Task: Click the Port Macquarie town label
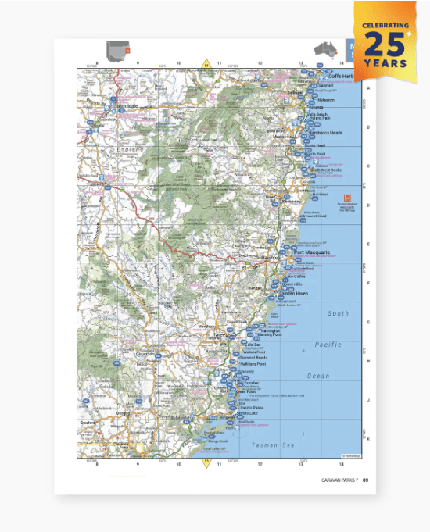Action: (x=312, y=252)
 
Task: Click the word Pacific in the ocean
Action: (x=328, y=345)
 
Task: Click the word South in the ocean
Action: (x=339, y=313)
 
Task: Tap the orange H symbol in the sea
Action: (x=347, y=198)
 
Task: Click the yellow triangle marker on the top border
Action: (x=207, y=62)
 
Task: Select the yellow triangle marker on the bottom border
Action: (x=207, y=462)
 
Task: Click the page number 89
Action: (x=365, y=480)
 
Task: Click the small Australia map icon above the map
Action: (x=324, y=49)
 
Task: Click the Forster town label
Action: (x=252, y=384)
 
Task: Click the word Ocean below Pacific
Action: (x=318, y=376)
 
